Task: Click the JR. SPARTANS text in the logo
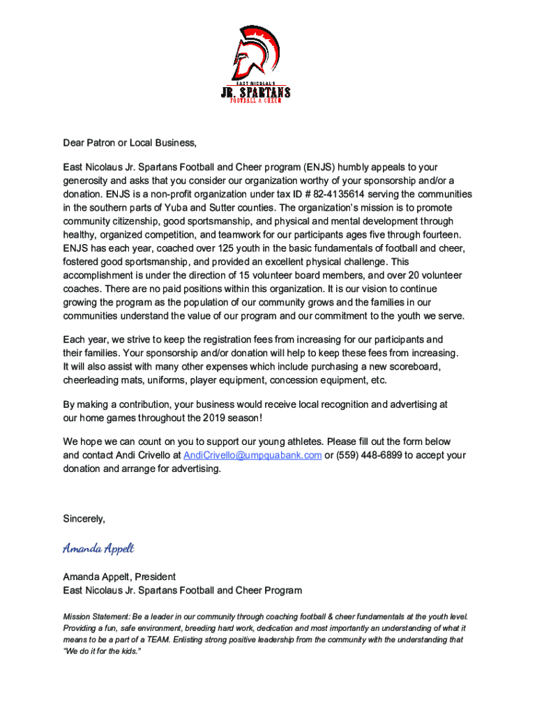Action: coord(255,93)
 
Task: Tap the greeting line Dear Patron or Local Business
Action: coord(130,143)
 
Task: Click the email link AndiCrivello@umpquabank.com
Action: coord(252,455)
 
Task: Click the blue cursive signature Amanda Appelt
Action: coord(98,548)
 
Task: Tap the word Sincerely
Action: coord(84,519)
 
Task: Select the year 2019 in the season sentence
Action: coord(215,417)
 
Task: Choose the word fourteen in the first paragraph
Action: coord(439,235)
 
